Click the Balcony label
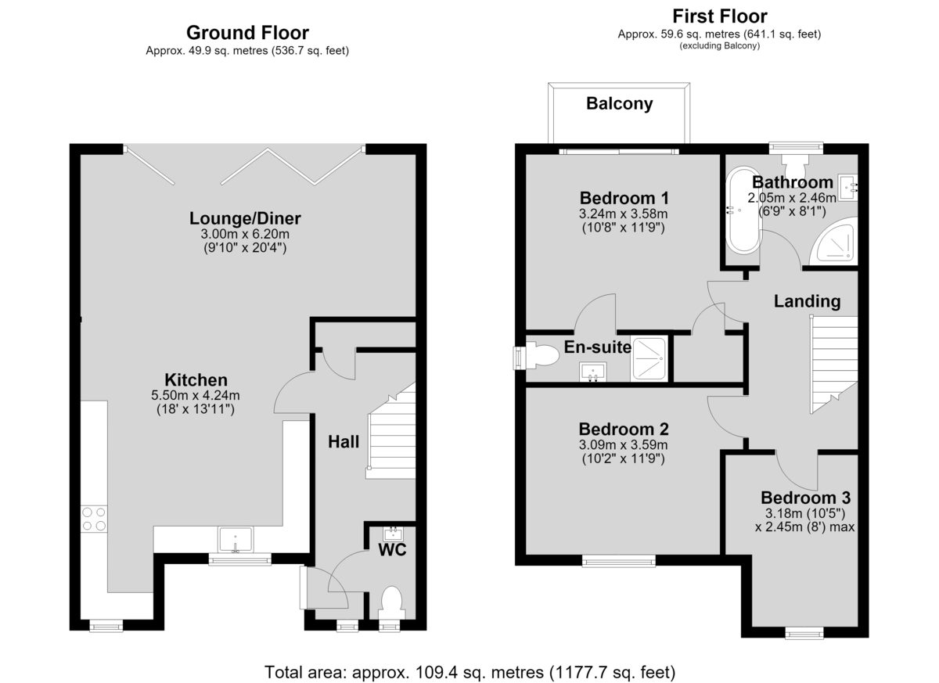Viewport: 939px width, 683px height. pos(619,103)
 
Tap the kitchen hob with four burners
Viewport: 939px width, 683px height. pos(94,519)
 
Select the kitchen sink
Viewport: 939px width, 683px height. pos(236,539)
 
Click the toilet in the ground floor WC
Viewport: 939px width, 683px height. pos(392,602)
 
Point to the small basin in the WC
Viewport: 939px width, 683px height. pos(393,534)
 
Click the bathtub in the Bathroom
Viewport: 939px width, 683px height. pos(743,210)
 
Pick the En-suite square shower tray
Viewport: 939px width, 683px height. pos(649,358)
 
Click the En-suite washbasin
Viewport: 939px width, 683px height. pos(593,372)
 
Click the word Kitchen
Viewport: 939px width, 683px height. pos(196,380)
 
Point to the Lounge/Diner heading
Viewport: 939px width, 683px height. pos(245,218)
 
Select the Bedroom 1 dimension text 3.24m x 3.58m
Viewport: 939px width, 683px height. pos(624,214)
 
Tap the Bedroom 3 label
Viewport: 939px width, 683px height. pos(806,498)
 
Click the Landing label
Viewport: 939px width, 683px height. pos(807,301)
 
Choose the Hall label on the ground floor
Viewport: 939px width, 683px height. pos(344,442)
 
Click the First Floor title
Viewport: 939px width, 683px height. pos(720,16)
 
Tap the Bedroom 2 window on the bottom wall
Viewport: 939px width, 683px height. pos(619,561)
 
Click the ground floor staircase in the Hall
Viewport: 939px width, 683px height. pos(391,431)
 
